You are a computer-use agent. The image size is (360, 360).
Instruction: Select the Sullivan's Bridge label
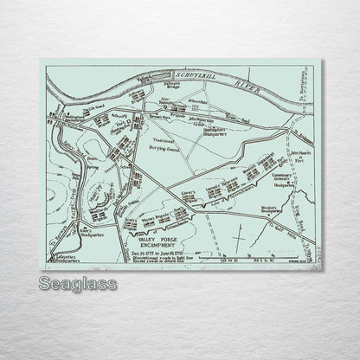tap(167, 86)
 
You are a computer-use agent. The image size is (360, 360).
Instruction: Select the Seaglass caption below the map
tap(81, 283)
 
